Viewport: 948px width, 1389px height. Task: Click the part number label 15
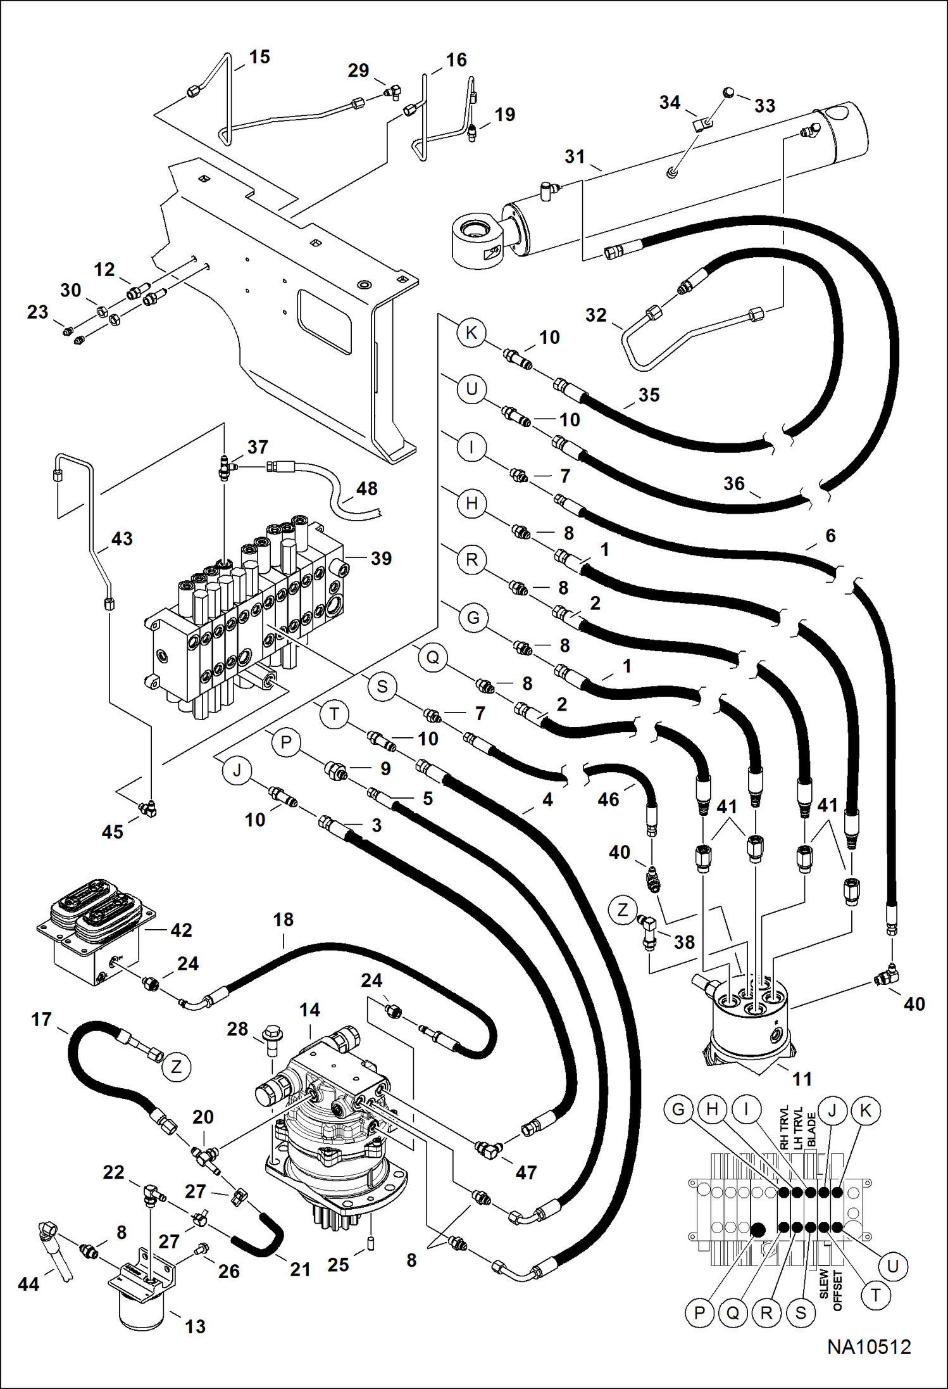pyautogui.click(x=259, y=57)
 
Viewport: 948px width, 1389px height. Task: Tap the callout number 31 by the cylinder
pyautogui.click(x=575, y=156)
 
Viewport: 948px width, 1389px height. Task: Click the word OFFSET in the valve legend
pyautogui.click(x=838, y=1290)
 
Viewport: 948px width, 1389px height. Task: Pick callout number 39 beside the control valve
pyautogui.click(x=381, y=558)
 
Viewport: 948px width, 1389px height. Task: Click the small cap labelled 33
pyautogui.click(x=728, y=93)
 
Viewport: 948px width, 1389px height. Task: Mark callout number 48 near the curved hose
pyautogui.click(x=367, y=488)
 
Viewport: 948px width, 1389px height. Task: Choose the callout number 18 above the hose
pyautogui.click(x=283, y=919)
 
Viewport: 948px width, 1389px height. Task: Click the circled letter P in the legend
pyautogui.click(x=699, y=1313)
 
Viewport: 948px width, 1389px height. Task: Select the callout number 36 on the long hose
pyautogui.click(x=734, y=484)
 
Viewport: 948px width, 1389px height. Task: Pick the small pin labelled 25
pyautogui.click(x=371, y=1241)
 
